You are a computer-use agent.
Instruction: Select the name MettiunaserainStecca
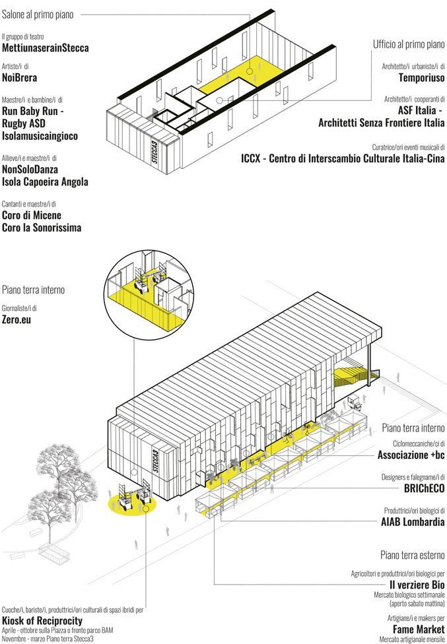(46, 48)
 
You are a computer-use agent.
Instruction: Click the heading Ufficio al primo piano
(409, 45)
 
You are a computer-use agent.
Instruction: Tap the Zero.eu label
(18, 320)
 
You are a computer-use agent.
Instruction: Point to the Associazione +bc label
(411, 455)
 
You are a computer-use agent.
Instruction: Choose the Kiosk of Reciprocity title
(42, 622)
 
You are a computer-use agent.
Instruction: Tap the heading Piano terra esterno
(413, 554)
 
